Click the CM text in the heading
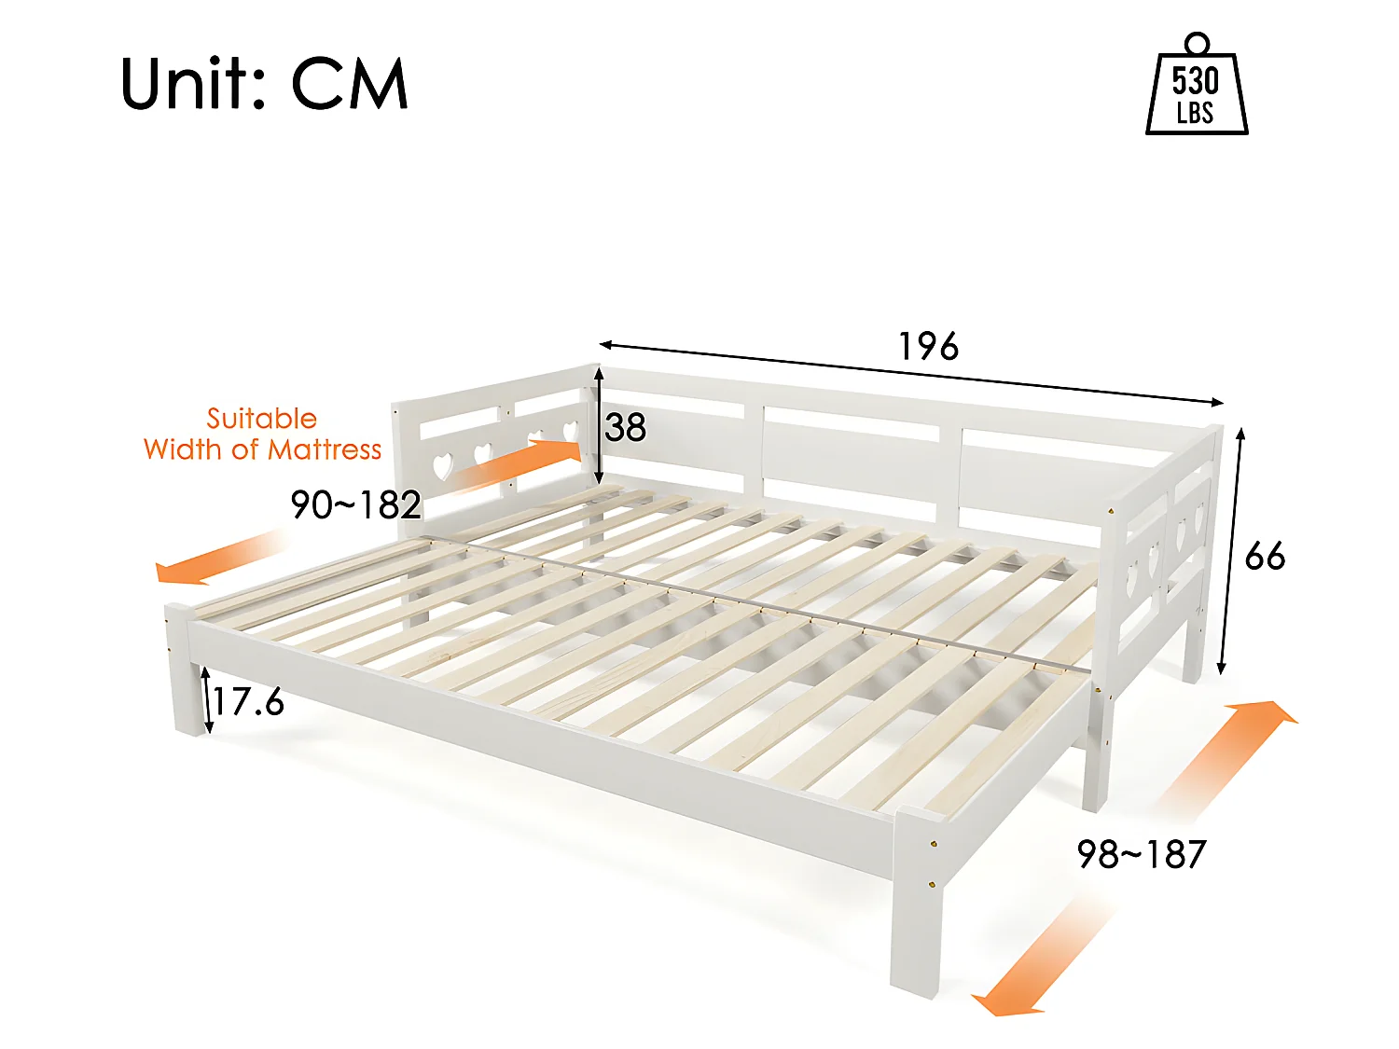350,84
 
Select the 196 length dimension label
928,347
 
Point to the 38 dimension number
625,428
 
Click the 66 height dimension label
1265,557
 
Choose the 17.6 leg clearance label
248,701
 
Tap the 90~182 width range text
356,504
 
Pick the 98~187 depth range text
1142,854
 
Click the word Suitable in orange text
261,419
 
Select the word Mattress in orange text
325,449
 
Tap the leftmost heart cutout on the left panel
443,463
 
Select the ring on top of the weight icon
1197,43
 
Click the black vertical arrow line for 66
1231,550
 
